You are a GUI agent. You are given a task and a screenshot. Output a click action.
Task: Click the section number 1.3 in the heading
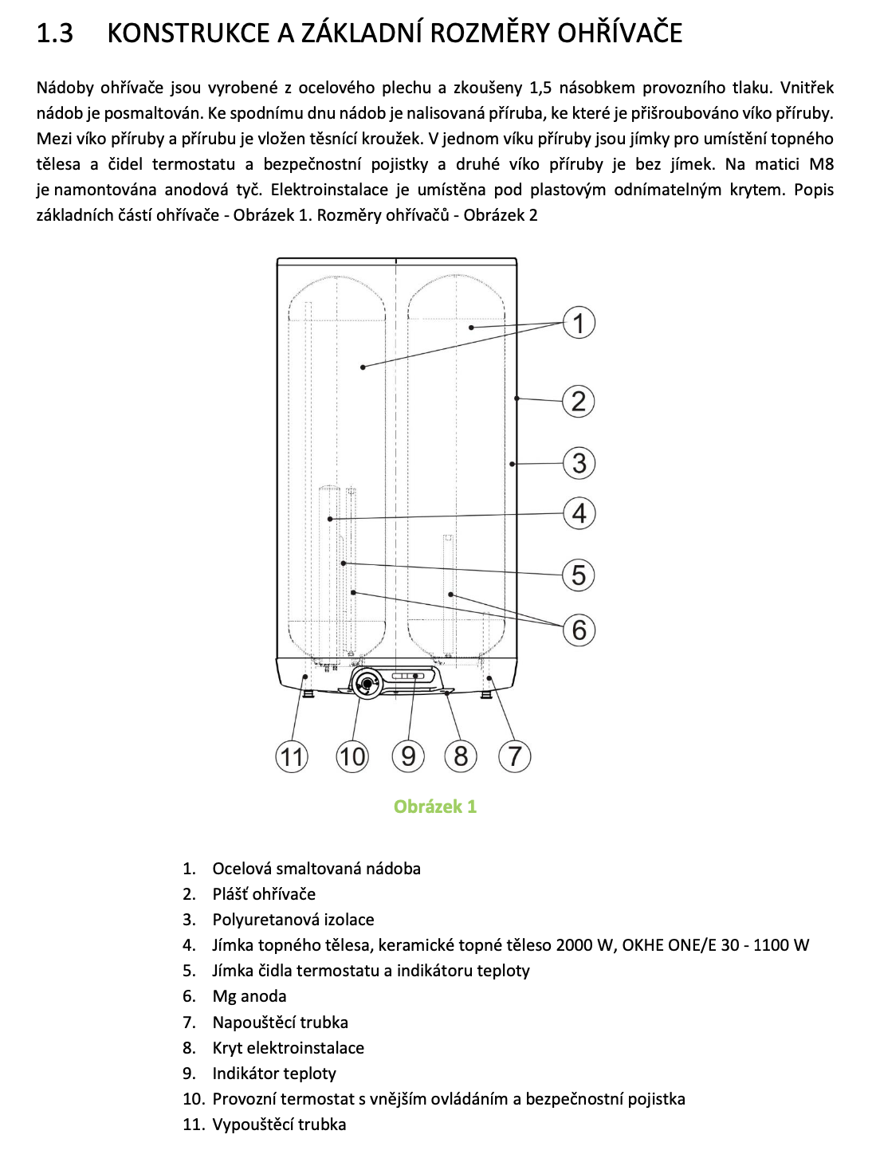pos(55,33)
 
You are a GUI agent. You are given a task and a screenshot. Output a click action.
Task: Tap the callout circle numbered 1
pos(579,323)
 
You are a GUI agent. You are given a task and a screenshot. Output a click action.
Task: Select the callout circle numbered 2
pos(579,401)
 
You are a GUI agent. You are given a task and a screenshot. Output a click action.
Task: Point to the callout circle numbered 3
pos(579,463)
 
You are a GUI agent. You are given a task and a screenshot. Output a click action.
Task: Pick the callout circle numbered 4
pos(579,513)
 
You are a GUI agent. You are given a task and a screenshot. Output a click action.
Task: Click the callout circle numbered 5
pos(579,575)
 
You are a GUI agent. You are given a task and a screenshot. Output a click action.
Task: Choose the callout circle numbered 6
pos(579,630)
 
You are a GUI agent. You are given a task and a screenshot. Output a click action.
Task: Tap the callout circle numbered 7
pos(515,756)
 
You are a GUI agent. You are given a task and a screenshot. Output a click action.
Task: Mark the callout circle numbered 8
pos(461,756)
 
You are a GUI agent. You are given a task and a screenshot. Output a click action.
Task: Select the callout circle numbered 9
pos(408,756)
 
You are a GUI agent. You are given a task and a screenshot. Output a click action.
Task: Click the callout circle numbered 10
pos(352,756)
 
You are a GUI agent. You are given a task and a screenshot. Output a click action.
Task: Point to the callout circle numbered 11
pos(292,756)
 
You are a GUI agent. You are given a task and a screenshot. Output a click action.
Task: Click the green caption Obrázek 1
pos(435,807)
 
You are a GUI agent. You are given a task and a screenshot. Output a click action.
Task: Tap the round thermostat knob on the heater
pos(367,683)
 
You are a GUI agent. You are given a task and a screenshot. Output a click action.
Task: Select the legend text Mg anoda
pos(249,996)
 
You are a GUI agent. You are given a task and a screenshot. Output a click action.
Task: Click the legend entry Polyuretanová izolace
pos(293,920)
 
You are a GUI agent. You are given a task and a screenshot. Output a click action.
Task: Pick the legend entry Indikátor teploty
pos(274,1074)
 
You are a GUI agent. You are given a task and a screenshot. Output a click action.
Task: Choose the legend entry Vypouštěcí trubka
pos(279,1125)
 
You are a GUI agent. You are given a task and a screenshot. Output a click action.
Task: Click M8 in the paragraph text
pos(821,164)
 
